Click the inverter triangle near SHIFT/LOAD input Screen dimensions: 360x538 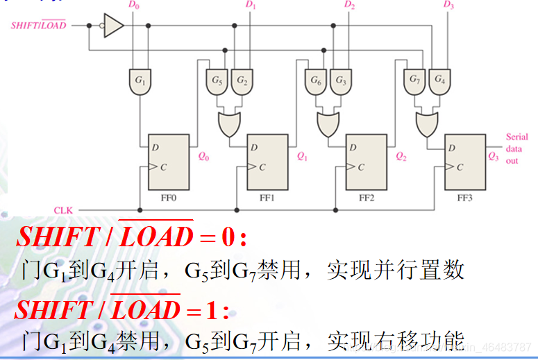(114, 26)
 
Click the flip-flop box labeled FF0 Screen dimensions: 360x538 (169, 162)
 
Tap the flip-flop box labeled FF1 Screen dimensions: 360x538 (267, 162)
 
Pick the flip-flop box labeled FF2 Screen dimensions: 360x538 (366, 162)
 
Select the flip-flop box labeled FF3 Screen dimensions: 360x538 (465, 162)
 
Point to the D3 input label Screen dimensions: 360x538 (448, 6)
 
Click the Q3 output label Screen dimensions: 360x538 (493, 157)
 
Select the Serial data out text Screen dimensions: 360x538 (516, 148)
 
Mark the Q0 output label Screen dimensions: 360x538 (203, 157)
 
